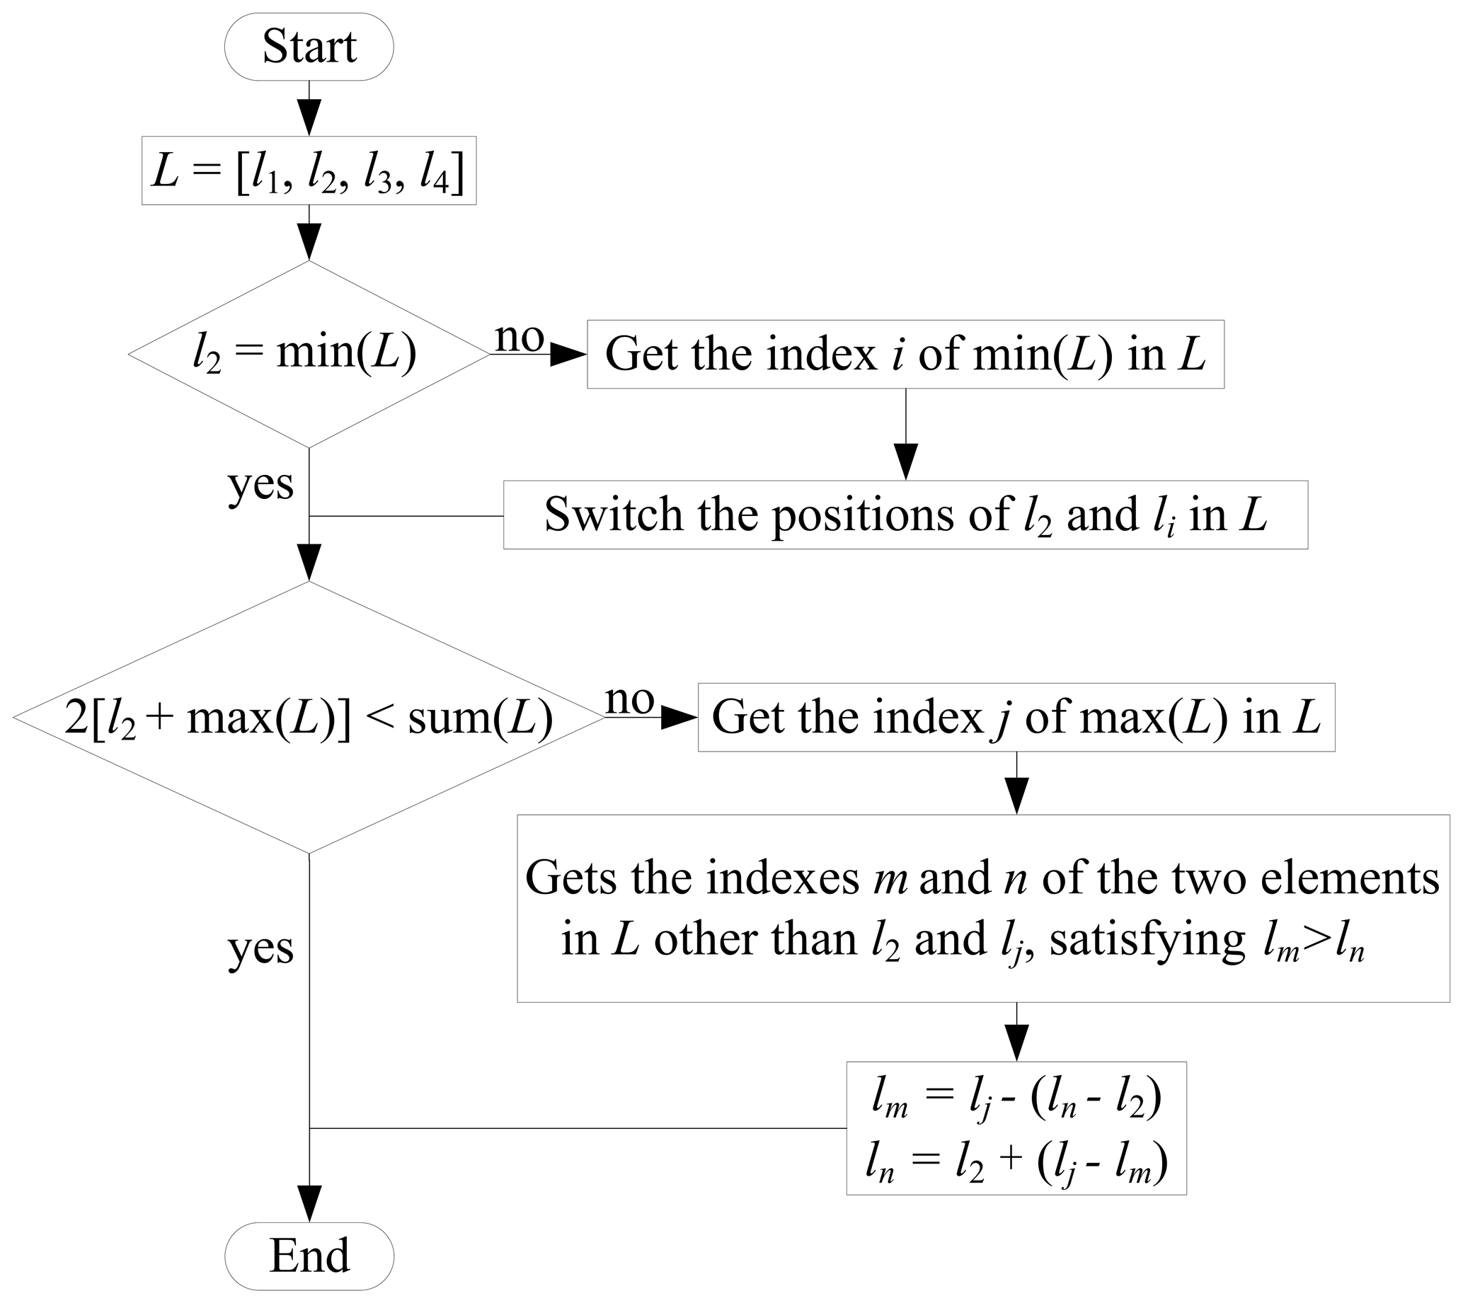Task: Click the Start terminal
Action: [x=309, y=47]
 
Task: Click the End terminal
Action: [x=309, y=1255]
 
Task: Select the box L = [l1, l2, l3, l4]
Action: [x=309, y=171]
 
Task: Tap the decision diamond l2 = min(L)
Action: [x=309, y=354]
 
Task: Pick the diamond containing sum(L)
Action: [x=309, y=718]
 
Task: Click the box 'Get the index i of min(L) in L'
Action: [x=905, y=355]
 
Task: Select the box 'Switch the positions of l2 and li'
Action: [x=905, y=515]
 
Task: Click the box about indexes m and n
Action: [x=982, y=908]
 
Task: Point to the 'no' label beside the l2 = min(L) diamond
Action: [x=520, y=336]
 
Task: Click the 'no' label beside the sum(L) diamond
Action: [x=630, y=699]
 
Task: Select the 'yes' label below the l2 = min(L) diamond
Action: [x=260, y=485]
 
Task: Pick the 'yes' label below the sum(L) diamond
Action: [x=260, y=948]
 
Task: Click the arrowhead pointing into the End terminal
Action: [x=309, y=1204]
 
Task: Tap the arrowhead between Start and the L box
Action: [x=309, y=117]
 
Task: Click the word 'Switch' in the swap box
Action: [x=613, y=515]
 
